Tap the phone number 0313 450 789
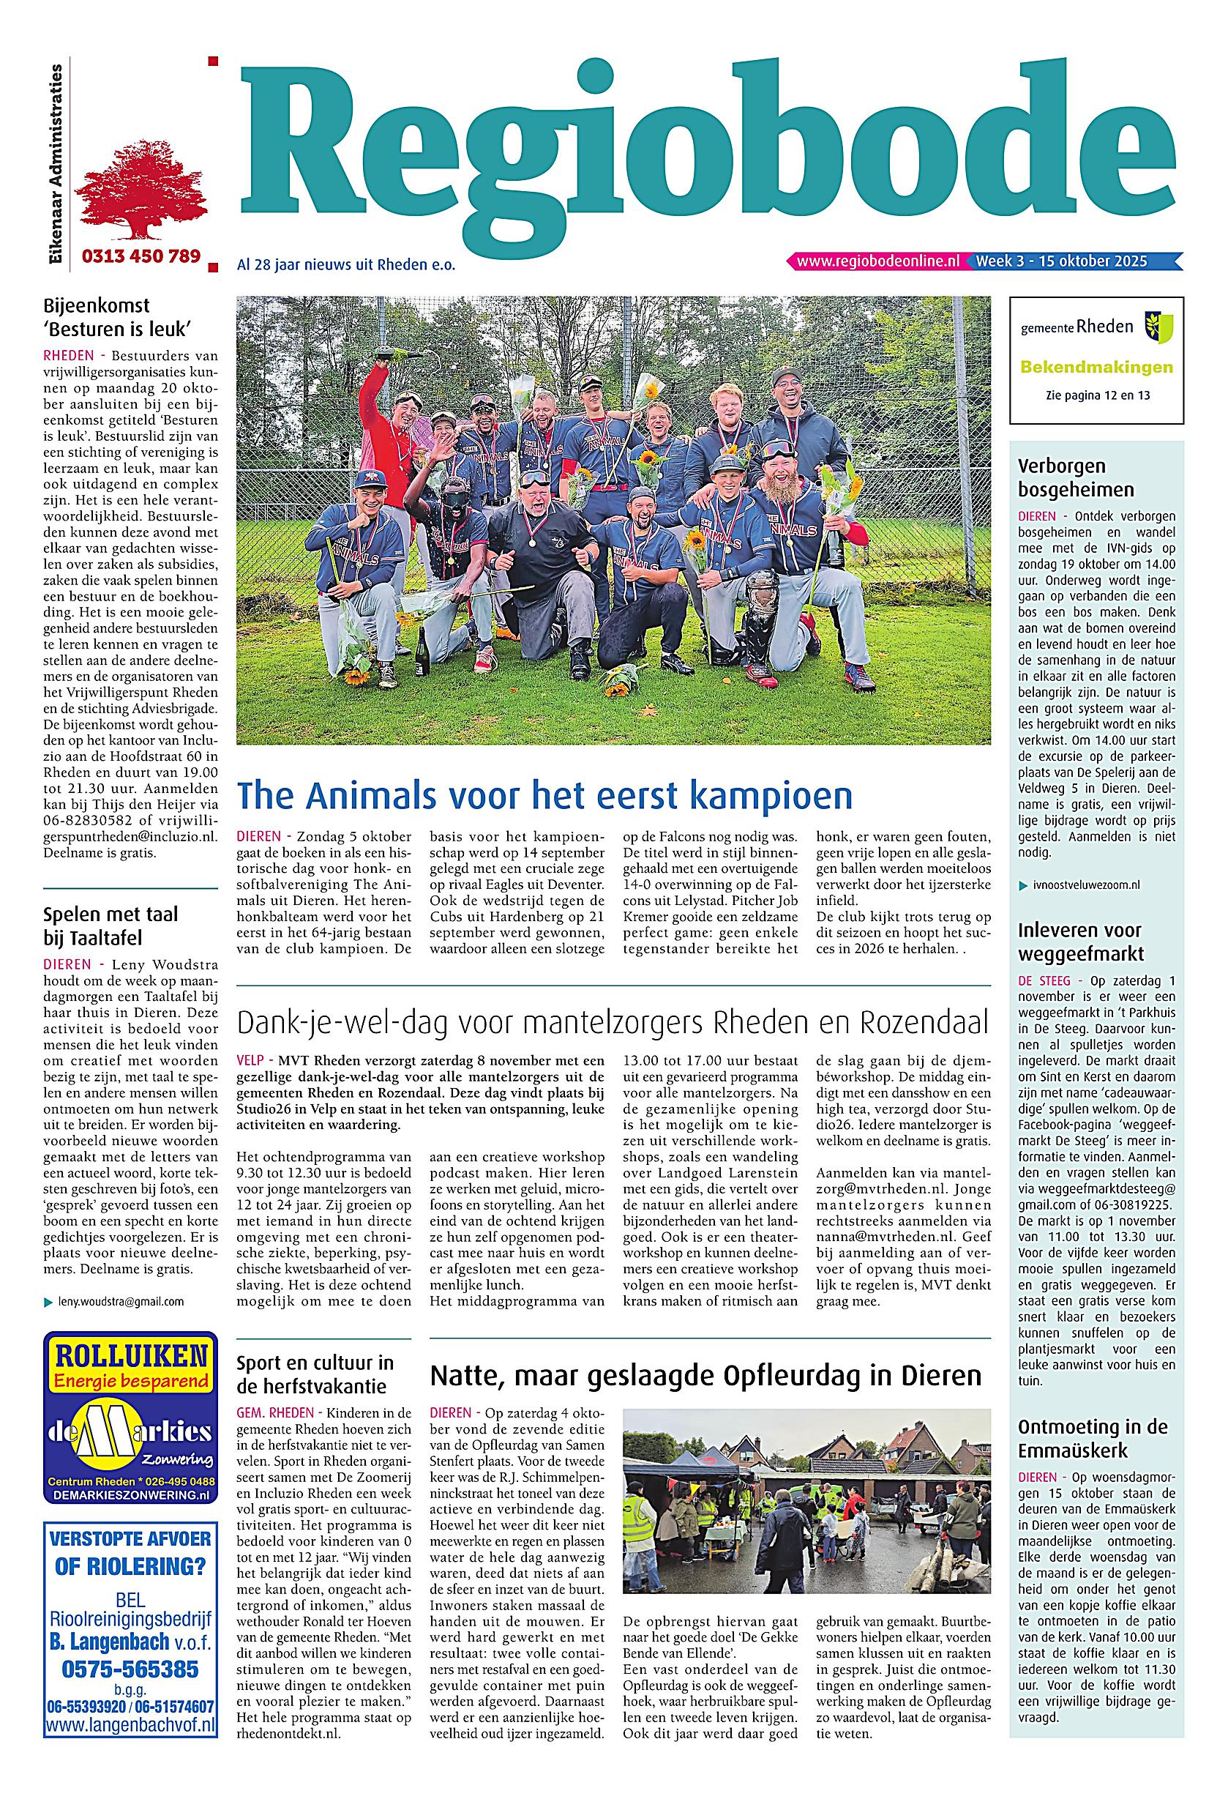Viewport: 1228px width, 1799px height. click(141, 256)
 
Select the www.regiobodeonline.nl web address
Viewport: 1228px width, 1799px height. click(877, 261)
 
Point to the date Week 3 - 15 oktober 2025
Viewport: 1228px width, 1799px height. click(1061, 261)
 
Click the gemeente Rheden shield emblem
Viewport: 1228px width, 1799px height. click(1158, 326)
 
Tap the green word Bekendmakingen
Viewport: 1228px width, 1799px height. click(1096, 367)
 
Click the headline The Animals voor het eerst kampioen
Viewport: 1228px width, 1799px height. click(544, 795)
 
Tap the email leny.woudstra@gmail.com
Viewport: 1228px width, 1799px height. click(121, 1301)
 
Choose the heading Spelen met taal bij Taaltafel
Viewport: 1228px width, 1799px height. click(111, 925)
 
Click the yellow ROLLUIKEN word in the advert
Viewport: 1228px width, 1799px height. click(131, 1355)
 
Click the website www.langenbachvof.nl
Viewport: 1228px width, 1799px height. click(130, 1718)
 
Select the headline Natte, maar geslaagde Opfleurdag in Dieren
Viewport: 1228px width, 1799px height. click(705, 1376)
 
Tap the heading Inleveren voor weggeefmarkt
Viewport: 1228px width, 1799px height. click(1080, 942)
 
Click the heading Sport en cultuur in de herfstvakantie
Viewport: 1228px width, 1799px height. click(315, 1374)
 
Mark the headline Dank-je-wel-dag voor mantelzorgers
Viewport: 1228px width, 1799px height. click(612, 1024)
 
